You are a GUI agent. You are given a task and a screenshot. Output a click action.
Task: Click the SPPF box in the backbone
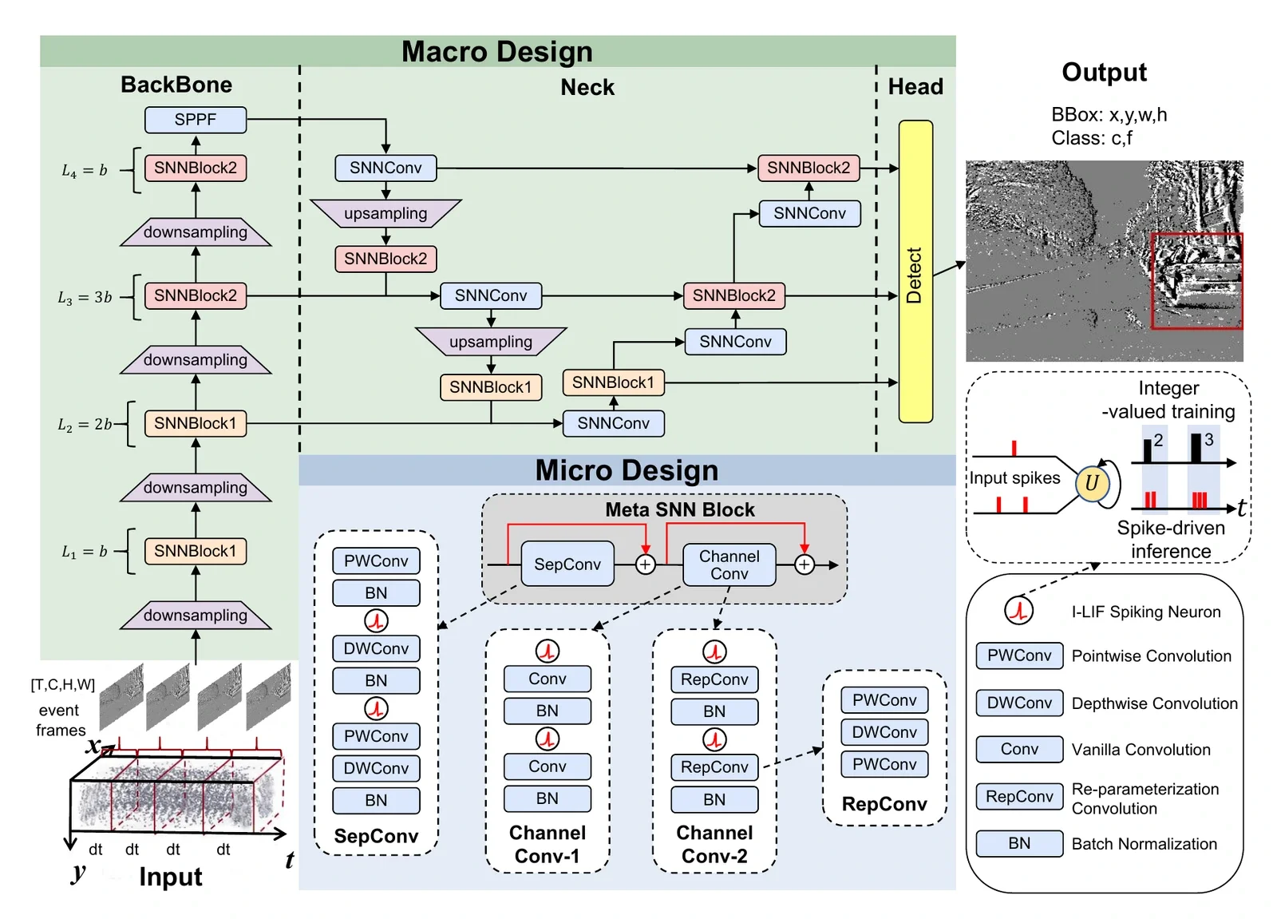[196, 120]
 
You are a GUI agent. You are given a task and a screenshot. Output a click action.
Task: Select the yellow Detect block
[915, 271]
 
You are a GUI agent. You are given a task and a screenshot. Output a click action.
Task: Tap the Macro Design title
[497, 51]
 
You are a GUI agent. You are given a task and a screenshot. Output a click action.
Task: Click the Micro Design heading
[627, 470]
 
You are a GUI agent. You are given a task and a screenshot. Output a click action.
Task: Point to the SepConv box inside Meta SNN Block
[567, 564]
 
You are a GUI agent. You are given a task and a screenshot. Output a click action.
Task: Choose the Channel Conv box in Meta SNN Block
[729, 564]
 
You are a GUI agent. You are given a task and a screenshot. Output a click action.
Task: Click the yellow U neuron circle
[1092, 483]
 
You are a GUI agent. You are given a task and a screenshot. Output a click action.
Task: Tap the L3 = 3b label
[85, 297]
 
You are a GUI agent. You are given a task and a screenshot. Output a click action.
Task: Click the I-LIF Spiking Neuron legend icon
[1018, 611]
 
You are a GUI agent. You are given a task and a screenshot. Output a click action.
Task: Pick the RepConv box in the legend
[1019, 796]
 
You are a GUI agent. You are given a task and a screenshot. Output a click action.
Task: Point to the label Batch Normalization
[1145, 844]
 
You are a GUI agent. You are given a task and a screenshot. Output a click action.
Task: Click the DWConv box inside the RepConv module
[884, 732]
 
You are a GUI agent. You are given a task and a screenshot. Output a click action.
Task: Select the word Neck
[587, 87]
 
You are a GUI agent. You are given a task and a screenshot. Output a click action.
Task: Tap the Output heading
[1105, 73]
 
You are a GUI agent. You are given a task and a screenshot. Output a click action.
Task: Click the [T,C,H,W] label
[63, 684]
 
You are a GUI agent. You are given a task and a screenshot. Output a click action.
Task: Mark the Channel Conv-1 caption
[548, 844]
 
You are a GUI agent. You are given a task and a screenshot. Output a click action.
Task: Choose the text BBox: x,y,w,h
[1109, 115]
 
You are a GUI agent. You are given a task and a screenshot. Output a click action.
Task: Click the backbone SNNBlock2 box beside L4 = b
[196, 168]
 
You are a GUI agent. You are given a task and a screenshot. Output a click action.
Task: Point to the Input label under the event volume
[171, 877]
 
